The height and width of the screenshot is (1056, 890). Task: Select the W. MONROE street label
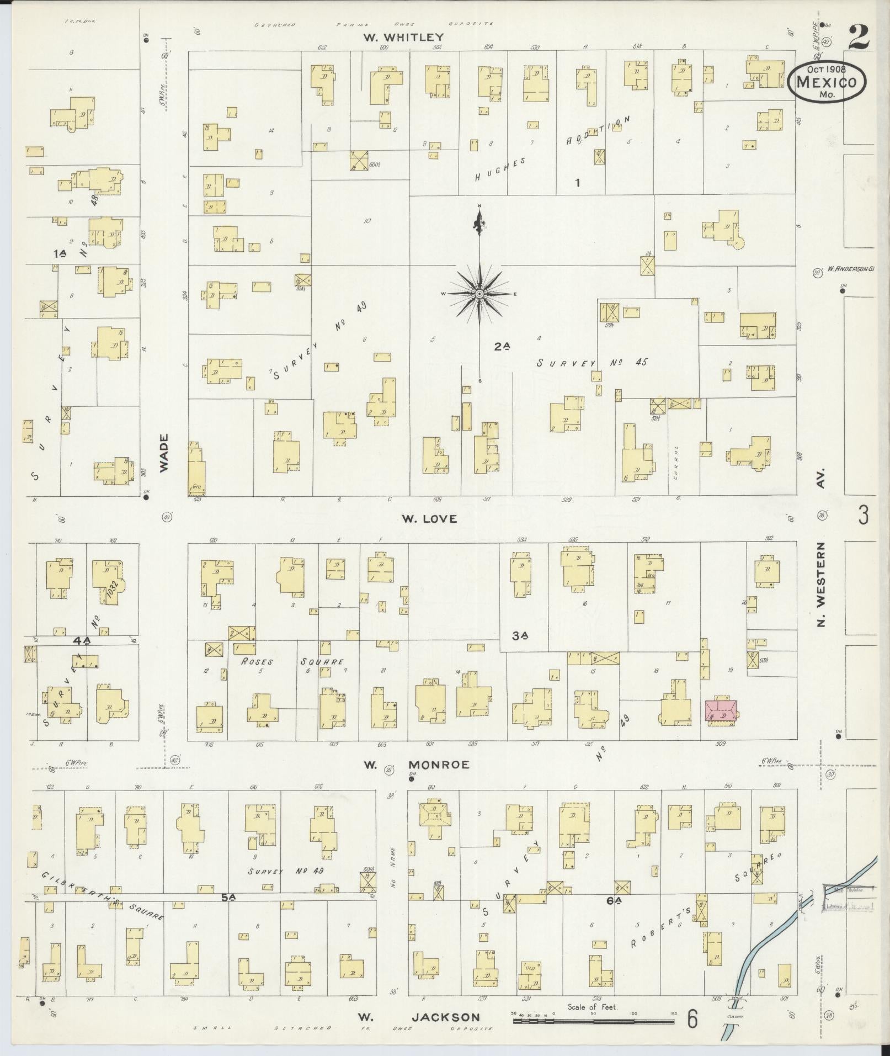417,765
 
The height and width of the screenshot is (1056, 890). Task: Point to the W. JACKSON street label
418,1017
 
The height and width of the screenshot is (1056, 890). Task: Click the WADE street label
164,453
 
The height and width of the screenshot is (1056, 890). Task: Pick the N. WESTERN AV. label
821,552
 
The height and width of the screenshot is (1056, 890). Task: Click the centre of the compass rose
479,294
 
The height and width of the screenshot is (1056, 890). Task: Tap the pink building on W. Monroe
721,712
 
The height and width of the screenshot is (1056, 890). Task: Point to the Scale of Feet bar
593,1021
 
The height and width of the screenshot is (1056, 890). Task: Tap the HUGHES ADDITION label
552,149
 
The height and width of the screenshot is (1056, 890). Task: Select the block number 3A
519,636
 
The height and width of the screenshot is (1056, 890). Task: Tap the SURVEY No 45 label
591,363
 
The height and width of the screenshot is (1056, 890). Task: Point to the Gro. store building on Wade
195,469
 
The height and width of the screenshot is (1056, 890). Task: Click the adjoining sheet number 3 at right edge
864,514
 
